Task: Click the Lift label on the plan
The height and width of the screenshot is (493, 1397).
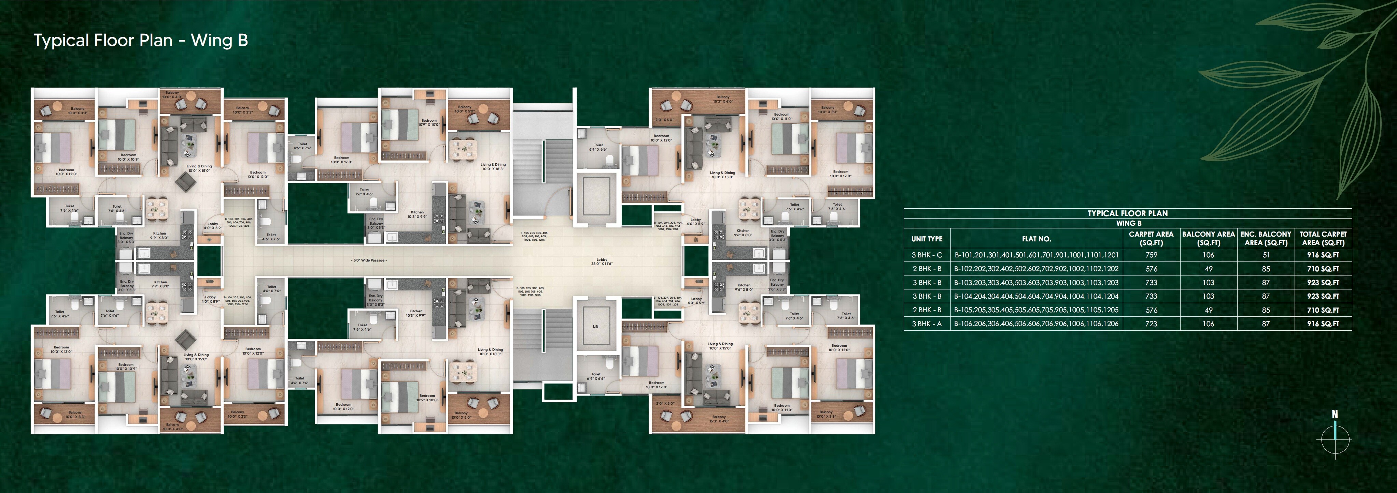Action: (595, 326)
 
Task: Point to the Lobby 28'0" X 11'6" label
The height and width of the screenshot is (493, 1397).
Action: (602, 262)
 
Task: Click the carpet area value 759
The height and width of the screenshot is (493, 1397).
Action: (1151, 255)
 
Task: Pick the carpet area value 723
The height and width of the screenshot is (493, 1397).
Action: (1151, 324)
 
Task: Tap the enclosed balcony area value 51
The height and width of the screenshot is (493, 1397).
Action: (1266, 255)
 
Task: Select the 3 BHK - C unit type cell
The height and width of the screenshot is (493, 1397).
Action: (927, 255)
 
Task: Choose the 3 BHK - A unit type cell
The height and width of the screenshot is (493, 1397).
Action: (927, 324)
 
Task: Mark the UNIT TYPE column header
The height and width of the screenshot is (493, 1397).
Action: (927, 239)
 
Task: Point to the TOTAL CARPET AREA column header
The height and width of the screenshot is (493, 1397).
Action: (1323, 238)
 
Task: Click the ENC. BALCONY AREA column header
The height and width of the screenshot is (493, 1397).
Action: (1266, 238)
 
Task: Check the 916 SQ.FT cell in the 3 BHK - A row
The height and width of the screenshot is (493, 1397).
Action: (1323, 324)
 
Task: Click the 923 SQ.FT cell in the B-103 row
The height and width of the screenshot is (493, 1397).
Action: (1323, 283)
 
